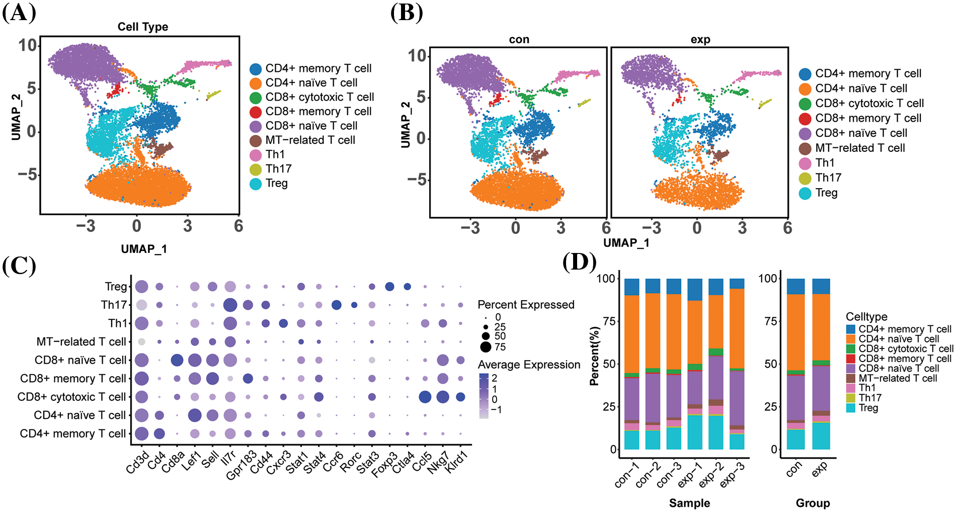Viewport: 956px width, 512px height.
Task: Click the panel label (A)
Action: (19, 13)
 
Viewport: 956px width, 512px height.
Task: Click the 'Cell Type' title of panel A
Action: (143, 27)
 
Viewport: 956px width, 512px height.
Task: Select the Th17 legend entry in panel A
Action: (278, 169)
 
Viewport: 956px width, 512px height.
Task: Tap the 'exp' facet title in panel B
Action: (700, 40)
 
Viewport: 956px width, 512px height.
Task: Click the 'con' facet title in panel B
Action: (519, 40)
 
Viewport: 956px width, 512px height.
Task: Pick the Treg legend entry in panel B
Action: (826, 193)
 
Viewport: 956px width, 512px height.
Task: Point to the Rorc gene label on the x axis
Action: (351, 461)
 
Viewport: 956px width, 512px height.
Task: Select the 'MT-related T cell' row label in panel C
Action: (81, 342)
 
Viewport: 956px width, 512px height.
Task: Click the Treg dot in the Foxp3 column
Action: (389, 287)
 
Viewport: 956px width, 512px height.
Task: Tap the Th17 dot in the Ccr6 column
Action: (337, 305)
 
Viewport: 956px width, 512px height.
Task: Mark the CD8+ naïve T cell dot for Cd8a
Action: (177, 360)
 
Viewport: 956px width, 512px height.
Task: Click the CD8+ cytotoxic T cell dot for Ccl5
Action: (425, 397)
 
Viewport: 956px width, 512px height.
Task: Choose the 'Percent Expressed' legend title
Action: (526, 305)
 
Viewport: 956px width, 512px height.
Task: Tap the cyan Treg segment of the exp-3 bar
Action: (737, 442)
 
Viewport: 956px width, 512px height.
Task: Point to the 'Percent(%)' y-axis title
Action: (595, 356)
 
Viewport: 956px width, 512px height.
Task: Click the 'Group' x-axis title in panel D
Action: (813, 503)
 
